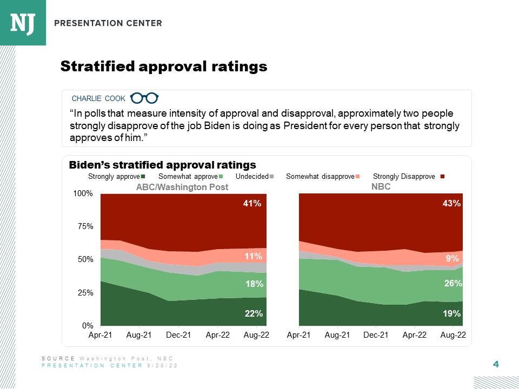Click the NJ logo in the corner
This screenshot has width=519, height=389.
(x=23, y=23)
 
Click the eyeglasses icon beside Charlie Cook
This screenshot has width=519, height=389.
(x=144, y=98)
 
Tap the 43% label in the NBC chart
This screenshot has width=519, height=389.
(x=451, y=204)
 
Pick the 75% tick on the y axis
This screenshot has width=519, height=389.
(x=85, y=226)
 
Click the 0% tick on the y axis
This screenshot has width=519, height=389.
(x=88, y=326)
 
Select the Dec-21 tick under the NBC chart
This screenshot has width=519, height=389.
(x=376, y=335)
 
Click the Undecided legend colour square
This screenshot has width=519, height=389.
(x=272, y=177)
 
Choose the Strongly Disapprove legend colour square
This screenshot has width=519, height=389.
(x=442, y=177)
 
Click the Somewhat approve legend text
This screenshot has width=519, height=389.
(x=188, y=177)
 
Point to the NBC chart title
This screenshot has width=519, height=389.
(x=381, y=187)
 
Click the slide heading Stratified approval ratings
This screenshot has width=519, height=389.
(x=164, y=66)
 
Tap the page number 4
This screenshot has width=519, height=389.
(x=496, y=364)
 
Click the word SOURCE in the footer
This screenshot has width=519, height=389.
(x=58, y=359)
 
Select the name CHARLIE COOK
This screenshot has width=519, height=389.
(x=98, y=98)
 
